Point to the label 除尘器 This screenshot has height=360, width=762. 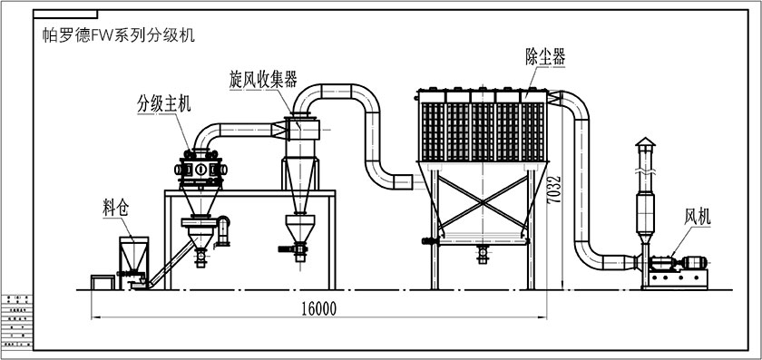click(x=545, y=56)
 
